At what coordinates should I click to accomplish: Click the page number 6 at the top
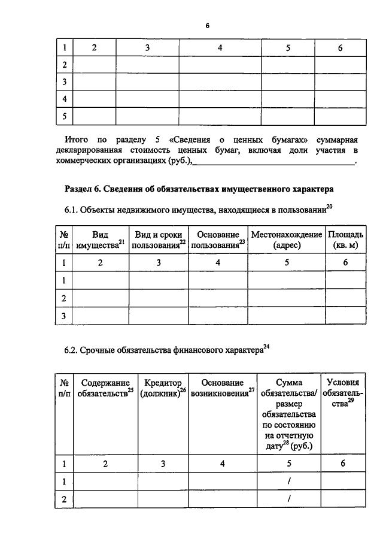coord(207,26)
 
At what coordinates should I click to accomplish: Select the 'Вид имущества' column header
coord(100,240)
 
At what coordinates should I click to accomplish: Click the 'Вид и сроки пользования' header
coord(159,240)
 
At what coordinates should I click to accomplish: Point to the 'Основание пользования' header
coord(218,240)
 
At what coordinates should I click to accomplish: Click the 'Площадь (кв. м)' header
coord(345,240)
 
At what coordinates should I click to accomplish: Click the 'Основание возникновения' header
coord(222,387)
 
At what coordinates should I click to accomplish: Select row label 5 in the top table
coord(63,116)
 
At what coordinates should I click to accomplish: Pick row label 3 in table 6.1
coord(63,315)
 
